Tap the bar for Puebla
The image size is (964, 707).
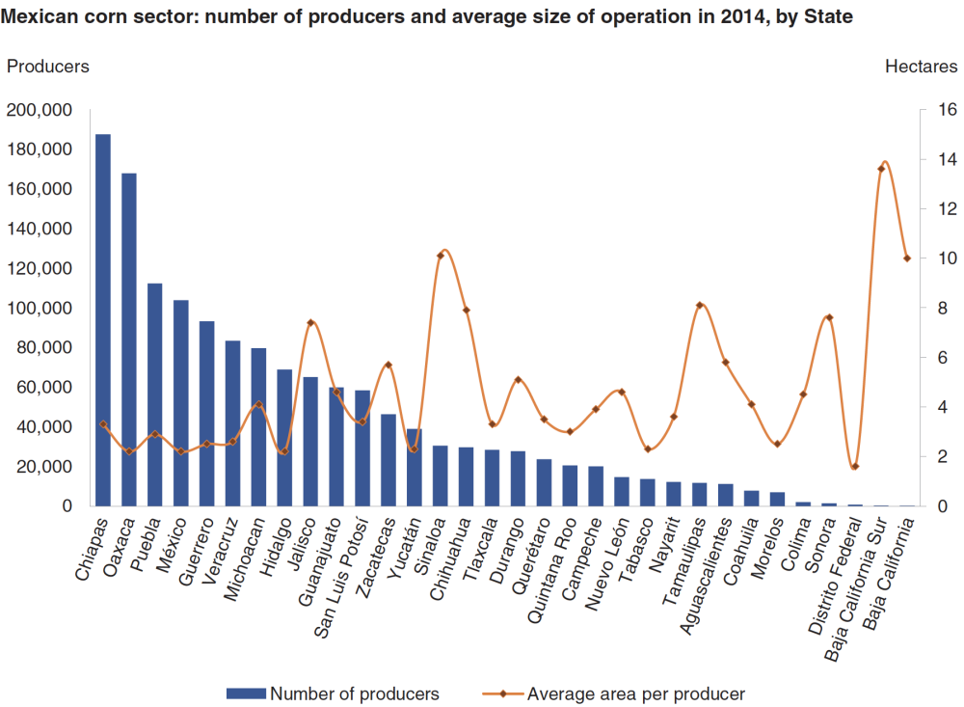(x=155, y=394)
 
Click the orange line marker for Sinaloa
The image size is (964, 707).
(x=441, y=256)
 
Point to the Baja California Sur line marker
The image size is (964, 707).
(x=881, y=169)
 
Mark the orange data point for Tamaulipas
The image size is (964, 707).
(x=700, y=305)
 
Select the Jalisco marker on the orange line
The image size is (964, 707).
(x=310, y=322)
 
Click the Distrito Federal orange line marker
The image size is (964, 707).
(x=855, y=467)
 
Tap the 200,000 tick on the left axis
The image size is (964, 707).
(x=40, y=110)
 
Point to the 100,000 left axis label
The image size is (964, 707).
(x=40, y=308)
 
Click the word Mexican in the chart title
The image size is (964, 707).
(x=36, y=16)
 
